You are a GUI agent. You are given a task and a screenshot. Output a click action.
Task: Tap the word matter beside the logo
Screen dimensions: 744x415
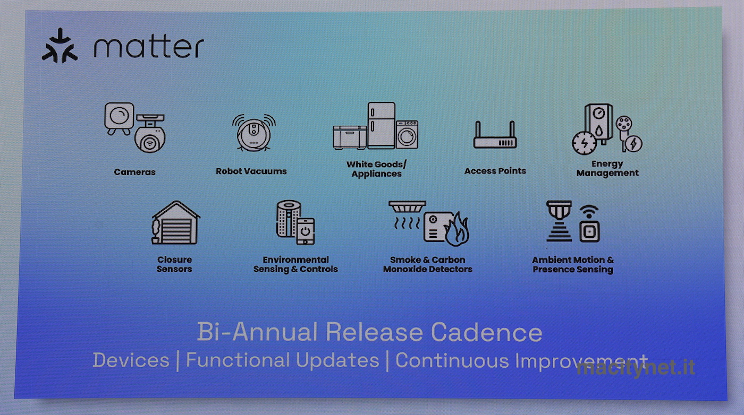tap(149, 47)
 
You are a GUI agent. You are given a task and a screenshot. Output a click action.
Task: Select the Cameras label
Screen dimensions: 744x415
tap(134, 172)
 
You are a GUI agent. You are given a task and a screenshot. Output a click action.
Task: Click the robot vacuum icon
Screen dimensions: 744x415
tap(254, 132)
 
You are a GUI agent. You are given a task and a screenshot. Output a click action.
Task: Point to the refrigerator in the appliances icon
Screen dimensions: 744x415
tap(382, 125)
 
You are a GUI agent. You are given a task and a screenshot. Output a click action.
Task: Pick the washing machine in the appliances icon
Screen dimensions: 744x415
tap(407, 134)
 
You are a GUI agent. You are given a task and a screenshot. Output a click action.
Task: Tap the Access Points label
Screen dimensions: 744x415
tap(495, 171)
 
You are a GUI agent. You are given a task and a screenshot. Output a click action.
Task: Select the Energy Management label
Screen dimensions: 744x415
tap(607, 169)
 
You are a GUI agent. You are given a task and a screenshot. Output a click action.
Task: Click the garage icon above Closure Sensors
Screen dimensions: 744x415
tap(176, 222)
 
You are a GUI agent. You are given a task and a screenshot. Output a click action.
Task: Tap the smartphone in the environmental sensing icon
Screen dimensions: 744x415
tap(305, 231)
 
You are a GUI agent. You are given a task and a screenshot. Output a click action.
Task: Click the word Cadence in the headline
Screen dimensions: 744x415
tap(486, 332)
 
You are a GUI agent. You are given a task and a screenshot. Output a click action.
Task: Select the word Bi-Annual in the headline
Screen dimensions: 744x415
tap(257, 332)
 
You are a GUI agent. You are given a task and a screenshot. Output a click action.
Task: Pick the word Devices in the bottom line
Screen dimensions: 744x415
tap(131, 360)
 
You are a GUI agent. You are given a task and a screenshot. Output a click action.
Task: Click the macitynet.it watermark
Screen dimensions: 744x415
tap(636, 368)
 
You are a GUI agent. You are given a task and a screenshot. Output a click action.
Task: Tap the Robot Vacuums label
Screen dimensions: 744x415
tap(251, 171)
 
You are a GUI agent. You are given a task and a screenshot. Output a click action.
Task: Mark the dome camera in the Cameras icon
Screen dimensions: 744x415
tap(150, 134)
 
